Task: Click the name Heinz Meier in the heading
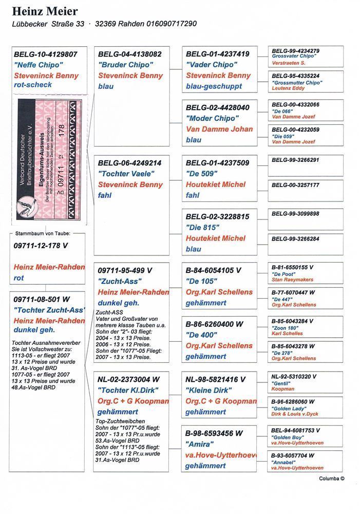(x=45, y=11)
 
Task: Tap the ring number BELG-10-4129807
(x=46, y=53)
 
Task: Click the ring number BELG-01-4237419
(x=218, y=53)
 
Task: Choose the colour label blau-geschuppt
(x=214, y=86)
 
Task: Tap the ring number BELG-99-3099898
(x=295, y=213)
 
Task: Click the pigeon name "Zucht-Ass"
(x=120, y=281)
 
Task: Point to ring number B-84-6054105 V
(x=213, y=270)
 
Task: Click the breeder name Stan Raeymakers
(x=292, y=280)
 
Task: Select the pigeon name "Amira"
(x=199, y=444)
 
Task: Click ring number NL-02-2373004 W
(x=128, y=379)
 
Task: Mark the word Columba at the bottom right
(x=329, y=478)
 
